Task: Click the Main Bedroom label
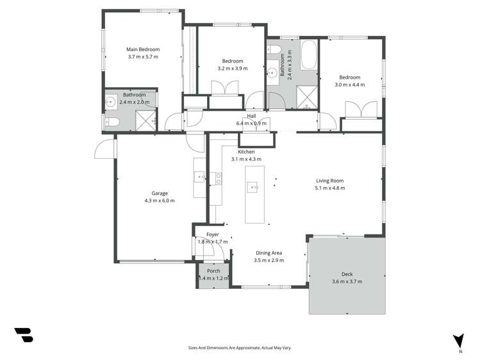click(x=142, y=49)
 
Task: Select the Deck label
click(x=347, y=274)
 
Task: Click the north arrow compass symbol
click(x=458, y=340)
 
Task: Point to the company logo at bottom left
click(x=23, y=334)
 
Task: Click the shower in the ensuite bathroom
click(x=146, y=120)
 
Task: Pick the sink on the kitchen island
click(x=254, y=188)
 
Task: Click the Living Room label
click(x=329, y=181)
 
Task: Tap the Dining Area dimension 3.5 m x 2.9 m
click(x=269, y=260)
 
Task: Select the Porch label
click(x=213, y=271)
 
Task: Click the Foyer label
click(x=212, y=234)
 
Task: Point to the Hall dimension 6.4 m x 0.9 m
click(x=251, y=124)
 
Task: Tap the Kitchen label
click(x=246, y=152)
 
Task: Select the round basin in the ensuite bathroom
click(x=112, y=101)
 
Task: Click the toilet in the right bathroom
click(x=275, y=50)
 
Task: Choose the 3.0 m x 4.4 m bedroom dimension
click(x=349, y=85)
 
